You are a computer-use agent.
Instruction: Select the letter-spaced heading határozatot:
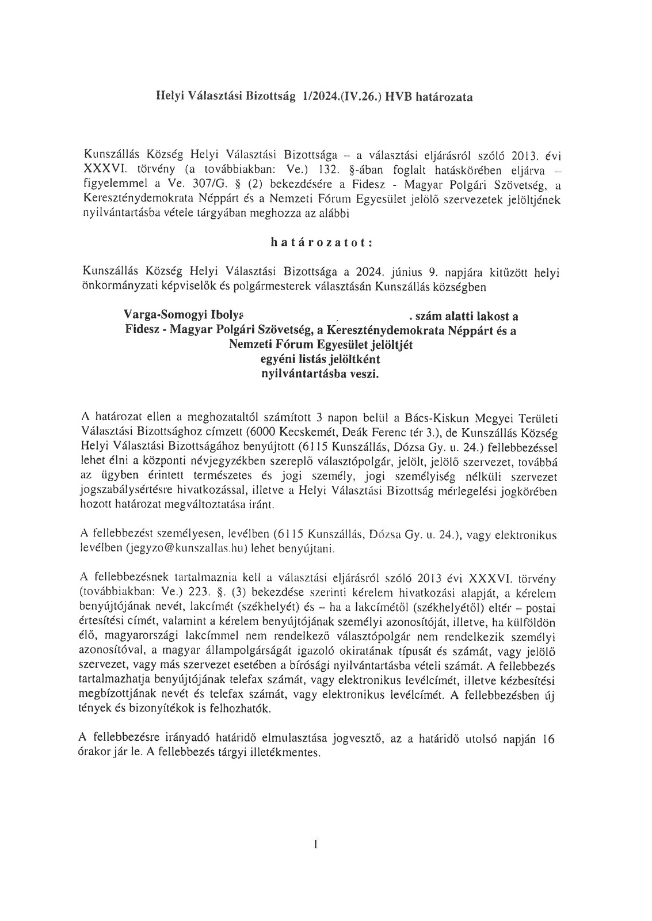322,242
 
